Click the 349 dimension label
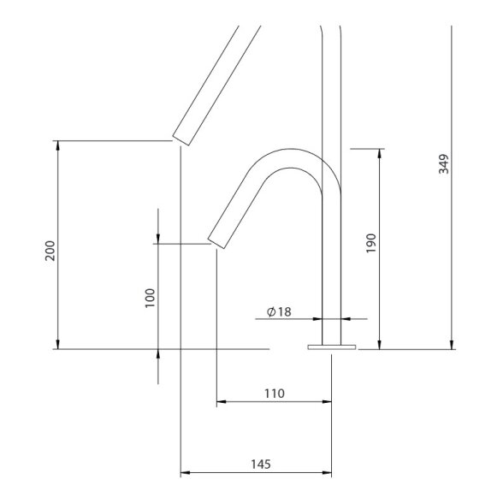pos(444,164)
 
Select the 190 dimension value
pos(371,243)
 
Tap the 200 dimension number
pos(50,251)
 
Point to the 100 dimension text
pos(150,298)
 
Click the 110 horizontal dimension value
pos(275,394)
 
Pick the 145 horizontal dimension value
pos(261,465)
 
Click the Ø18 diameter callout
pos(279,311)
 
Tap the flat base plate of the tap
pos(332,347)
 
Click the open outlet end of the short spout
pos(216,244)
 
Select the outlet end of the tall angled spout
pos(181,140)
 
